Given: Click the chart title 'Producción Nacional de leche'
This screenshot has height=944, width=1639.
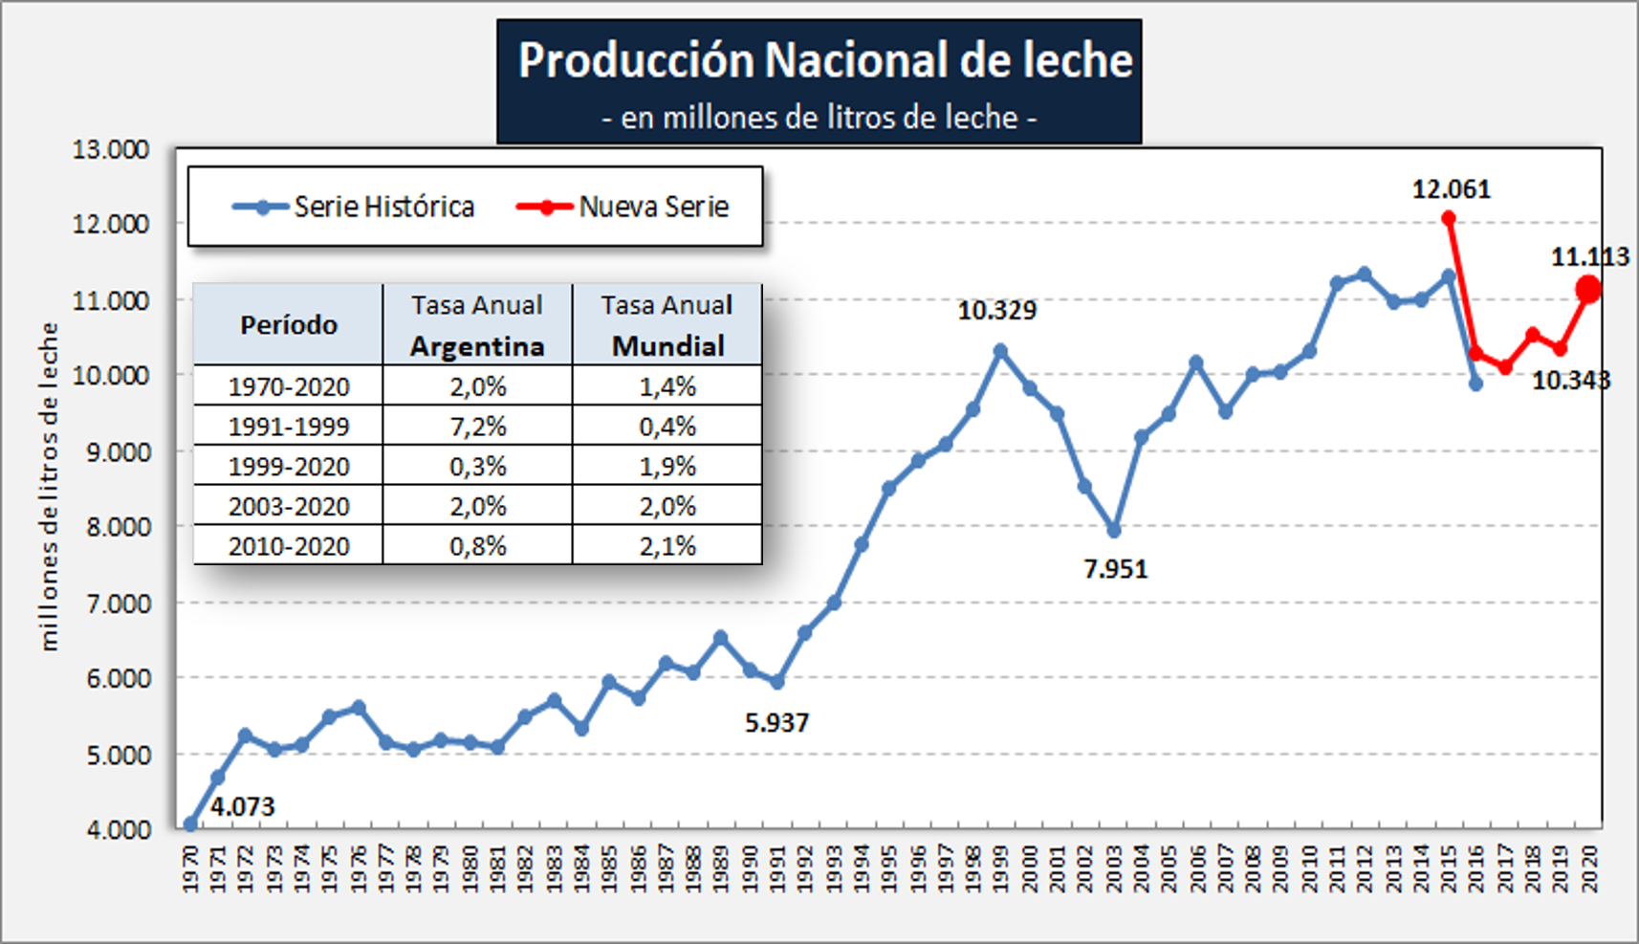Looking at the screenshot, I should [x=824, y=60].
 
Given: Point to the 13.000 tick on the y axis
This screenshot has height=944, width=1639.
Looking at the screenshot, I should [x=111, y=149].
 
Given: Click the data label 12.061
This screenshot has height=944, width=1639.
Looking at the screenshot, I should [x=1451, y=189].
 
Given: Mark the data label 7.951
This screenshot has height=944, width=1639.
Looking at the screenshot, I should [x=1115, y=569].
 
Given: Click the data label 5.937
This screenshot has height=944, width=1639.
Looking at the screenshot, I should [x=776, y=723].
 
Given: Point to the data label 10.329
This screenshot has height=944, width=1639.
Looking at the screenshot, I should [x=996, y=311].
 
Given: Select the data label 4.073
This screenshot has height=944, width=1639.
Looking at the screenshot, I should [x=242, y=807].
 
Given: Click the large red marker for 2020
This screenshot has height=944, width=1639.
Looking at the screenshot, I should [x=1588, y=289].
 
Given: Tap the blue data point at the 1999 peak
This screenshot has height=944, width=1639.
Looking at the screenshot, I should [x=1000, y=351].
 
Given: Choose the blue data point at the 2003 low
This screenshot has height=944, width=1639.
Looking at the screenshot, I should [x=1113, y=530].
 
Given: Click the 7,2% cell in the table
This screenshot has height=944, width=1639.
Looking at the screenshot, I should [x=477, y=427].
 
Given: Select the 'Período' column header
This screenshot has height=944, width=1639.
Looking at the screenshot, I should [x=288, y=325].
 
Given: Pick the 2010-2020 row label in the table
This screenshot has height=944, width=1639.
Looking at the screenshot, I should [x=288, y=546].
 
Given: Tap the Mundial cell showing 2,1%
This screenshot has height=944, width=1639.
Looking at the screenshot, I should [x=667, y=546].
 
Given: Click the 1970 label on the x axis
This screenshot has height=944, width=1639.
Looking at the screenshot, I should [x=190, y=868].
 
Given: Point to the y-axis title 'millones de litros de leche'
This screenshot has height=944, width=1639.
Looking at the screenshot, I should [x=49, y=487].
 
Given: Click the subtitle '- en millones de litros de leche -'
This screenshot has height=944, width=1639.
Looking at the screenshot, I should [x=819, y=118].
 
